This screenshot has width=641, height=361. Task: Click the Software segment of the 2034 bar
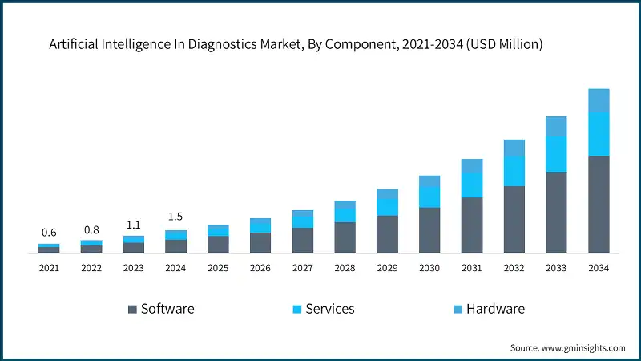click(x=599, y=205)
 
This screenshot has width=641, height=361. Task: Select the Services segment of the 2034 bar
click(x=599, y=134)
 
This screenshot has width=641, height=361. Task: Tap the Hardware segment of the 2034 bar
click(x=599, y=100)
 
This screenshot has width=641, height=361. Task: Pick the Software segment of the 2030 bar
click(x=429, y=230)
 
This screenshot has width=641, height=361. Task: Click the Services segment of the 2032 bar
click(x=514, y=171)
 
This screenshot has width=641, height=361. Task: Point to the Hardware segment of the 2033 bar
click(x=556, y=126)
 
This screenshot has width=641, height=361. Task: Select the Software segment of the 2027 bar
click(x=302, y=240)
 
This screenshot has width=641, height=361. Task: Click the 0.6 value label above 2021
click(x=49, y=233)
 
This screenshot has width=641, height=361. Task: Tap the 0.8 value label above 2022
click(x=91, y=229)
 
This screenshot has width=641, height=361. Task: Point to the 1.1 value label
click(x=134, y=225)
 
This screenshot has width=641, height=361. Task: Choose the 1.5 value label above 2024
click(x=175, y=217)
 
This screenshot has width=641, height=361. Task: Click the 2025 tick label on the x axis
click(x=218, y=268)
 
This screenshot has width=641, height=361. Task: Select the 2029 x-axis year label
click(x=387, y=268)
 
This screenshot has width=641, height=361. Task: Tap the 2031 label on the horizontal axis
click(x=471, y=268)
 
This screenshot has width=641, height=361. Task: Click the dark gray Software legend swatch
click(x=131, y=309)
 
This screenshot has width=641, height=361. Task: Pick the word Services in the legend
click(x=329, y=309)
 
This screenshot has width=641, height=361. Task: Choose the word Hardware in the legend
click(x=495, y=309)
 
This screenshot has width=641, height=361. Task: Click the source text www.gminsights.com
click(x=582, y=347)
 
